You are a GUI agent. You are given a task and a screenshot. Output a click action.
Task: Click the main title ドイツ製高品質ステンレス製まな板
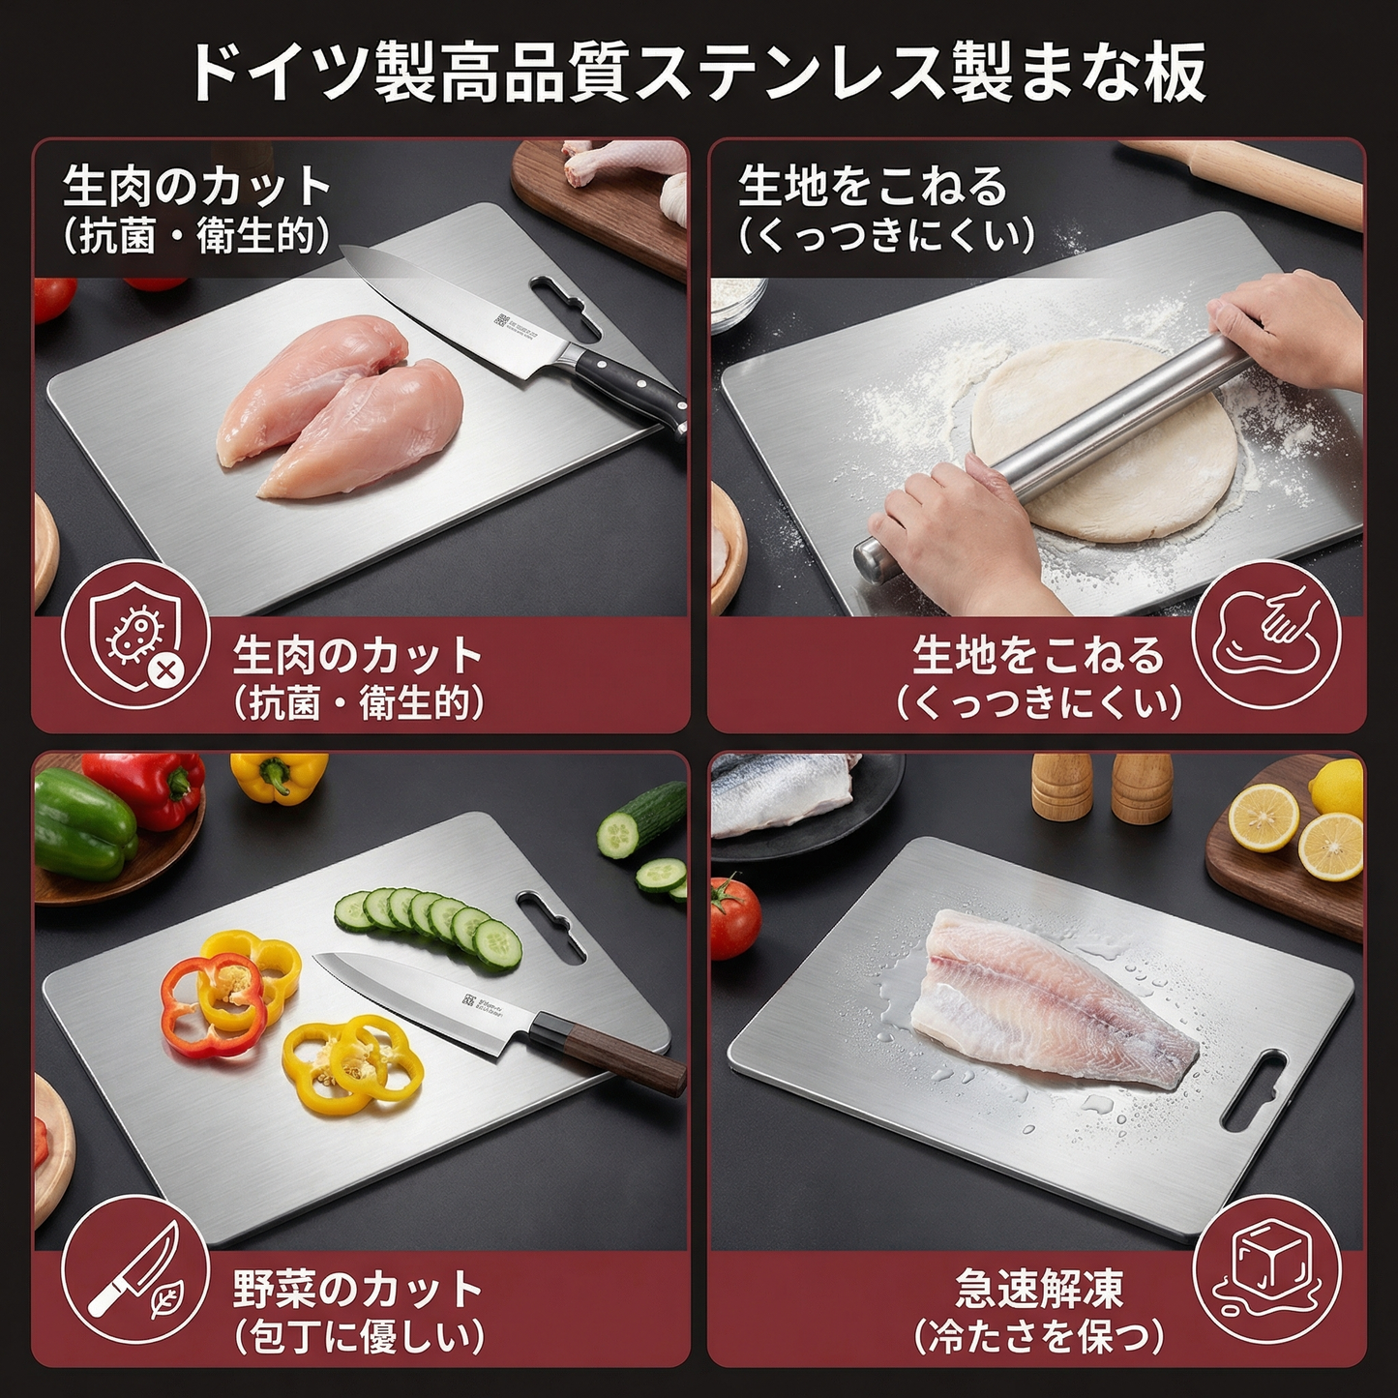[699, 72]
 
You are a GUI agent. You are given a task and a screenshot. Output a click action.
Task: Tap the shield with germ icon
[135, 635]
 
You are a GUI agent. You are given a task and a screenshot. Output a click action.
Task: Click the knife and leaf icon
[135, 1269]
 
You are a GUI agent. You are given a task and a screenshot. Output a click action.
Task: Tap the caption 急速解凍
[1039, 1289]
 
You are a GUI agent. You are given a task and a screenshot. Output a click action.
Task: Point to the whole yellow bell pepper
[279, 776]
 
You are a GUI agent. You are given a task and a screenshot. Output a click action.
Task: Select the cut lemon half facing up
[1263, 818]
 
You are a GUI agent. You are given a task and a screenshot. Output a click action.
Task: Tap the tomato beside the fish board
[735, 914]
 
